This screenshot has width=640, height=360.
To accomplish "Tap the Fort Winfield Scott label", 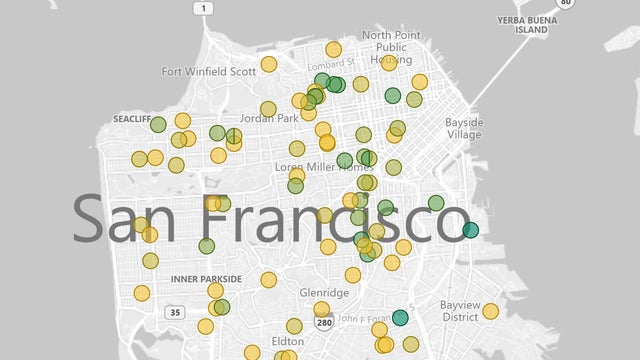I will coord(209,71).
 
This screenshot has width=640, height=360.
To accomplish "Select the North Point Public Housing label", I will coord(391,47).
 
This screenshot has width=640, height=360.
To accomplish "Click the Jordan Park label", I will coord(270,118).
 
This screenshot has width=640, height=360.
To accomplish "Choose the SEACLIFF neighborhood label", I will coord(131,118).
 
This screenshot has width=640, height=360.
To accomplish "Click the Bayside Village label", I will coord(462,128).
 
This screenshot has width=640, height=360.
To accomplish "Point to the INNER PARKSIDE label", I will coord(206,278).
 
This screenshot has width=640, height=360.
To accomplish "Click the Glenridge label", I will coord(324,293).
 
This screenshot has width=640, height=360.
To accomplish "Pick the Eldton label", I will coord(287,340).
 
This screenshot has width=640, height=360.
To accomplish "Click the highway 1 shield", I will coord(204,8).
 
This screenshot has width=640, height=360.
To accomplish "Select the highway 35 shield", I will coord(175,313).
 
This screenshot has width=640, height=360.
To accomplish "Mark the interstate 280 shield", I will coord(323,323).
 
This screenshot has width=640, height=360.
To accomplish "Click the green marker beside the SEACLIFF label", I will coord(158,125).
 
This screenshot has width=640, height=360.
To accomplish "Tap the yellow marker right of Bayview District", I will coord(490,311).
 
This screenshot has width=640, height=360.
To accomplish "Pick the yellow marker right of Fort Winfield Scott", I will coord(268,64).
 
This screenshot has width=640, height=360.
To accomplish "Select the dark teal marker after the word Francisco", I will coord(470,230).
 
